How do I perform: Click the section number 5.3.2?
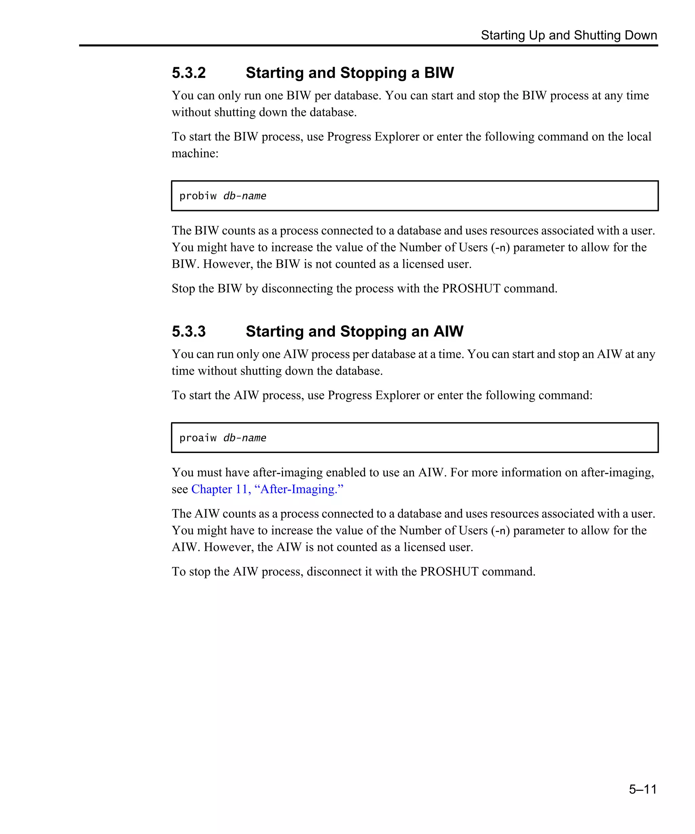click(189, 73)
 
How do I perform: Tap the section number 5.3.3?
click(189, 331)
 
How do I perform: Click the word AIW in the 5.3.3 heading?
click(448, 331)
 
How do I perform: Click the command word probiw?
click(198, 196)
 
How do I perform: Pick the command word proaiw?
click(198, 438)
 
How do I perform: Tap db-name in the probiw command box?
click(245, 196)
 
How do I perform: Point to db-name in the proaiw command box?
click(245, 438)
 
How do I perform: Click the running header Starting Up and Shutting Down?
click(569, 35)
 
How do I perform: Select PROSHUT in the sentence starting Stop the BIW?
click(471, 289)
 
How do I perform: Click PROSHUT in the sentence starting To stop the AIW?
click(449, 572)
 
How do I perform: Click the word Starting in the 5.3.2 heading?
click(274, 73)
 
